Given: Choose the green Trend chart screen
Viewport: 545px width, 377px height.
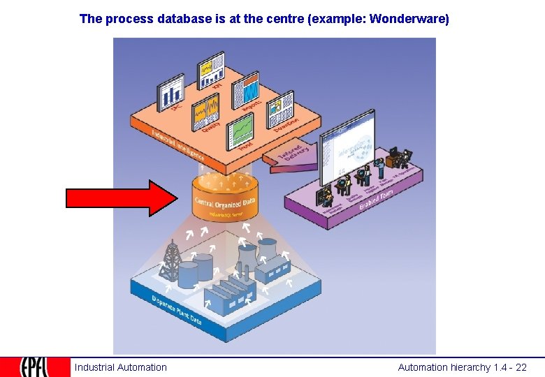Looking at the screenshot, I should pyautogui.click(x=242, y=132).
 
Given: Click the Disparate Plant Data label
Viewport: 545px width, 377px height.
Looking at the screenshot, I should pyautogui.click(x=176, y=310).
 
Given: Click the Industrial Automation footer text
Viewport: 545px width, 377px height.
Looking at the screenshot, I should pyautogui.click(x=121, y=367).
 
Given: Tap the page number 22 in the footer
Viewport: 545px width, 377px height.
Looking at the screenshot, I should pyautogui.click(x=521, y=367).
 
